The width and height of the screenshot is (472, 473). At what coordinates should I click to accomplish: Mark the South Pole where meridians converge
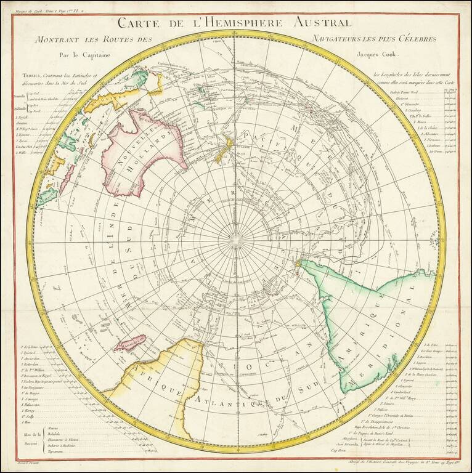click(x=235, y=236)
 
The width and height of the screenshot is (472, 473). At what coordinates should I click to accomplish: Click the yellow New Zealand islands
click(x=222, y=148)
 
